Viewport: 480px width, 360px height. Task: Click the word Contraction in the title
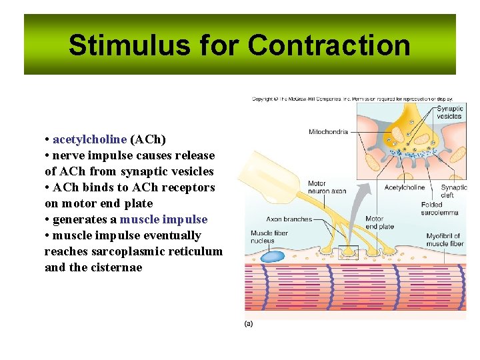[329, 45]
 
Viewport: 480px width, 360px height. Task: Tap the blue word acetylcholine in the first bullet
[89, 139]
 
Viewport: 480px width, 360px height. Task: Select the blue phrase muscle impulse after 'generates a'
[163, 219]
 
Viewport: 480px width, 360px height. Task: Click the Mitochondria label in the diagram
[328, 132]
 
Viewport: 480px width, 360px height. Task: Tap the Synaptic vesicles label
[450, 112]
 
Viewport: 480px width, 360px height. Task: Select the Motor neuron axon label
[327, 187]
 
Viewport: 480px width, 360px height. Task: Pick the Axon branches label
[289, 219]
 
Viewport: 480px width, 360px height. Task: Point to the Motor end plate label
[379, 223]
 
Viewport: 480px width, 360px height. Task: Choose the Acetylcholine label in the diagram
[405, 187]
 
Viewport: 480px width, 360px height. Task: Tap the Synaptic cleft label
[453, 191]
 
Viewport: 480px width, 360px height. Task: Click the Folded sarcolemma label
[439, 209]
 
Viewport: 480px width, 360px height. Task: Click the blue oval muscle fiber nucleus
[272, 256]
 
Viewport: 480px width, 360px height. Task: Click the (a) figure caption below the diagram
[249, 323]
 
